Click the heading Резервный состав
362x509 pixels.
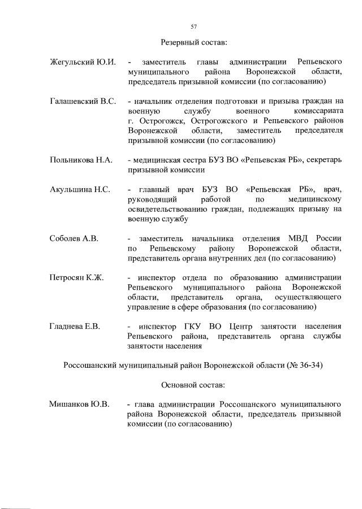click(193, 42)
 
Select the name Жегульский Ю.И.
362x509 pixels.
click(83, 62)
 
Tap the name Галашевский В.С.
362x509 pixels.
click(83, 101)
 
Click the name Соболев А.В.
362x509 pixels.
click(74, 238)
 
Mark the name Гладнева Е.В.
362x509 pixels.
click(75, 327)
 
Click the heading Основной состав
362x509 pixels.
click(193, 385)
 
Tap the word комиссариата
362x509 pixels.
click(319, 111)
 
